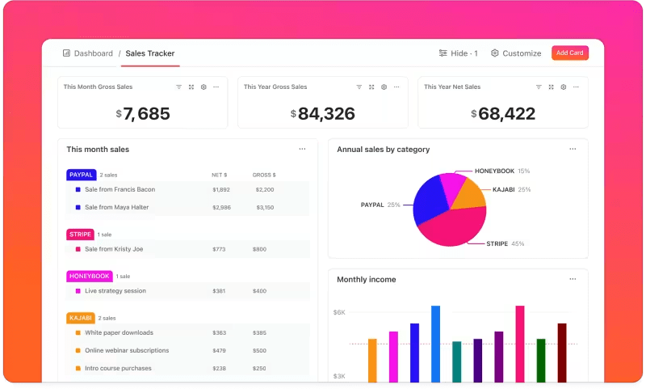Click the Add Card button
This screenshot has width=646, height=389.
point(569,53)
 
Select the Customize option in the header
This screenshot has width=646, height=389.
point(516,53)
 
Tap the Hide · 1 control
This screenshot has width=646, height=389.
point(458,53)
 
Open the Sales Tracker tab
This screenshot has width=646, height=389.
point(149,53)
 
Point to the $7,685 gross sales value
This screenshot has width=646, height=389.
point(142,114)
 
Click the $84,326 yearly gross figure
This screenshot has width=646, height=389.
point(322,114)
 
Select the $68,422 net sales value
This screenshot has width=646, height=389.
point(502,114)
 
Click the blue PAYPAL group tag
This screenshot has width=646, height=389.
point(81,175)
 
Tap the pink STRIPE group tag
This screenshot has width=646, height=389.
point(80,235)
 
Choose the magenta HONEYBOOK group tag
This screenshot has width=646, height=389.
point(89,276)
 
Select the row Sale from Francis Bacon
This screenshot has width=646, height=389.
point(120,189)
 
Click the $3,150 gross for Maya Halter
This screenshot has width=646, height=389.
point(264,207)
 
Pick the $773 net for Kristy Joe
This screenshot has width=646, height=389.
point(220,249)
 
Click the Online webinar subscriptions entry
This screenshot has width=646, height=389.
point(127,350)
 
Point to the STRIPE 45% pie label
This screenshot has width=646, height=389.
point(505,243)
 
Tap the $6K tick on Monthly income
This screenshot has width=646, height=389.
point(339,312)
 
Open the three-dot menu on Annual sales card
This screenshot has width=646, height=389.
point(573,149)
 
